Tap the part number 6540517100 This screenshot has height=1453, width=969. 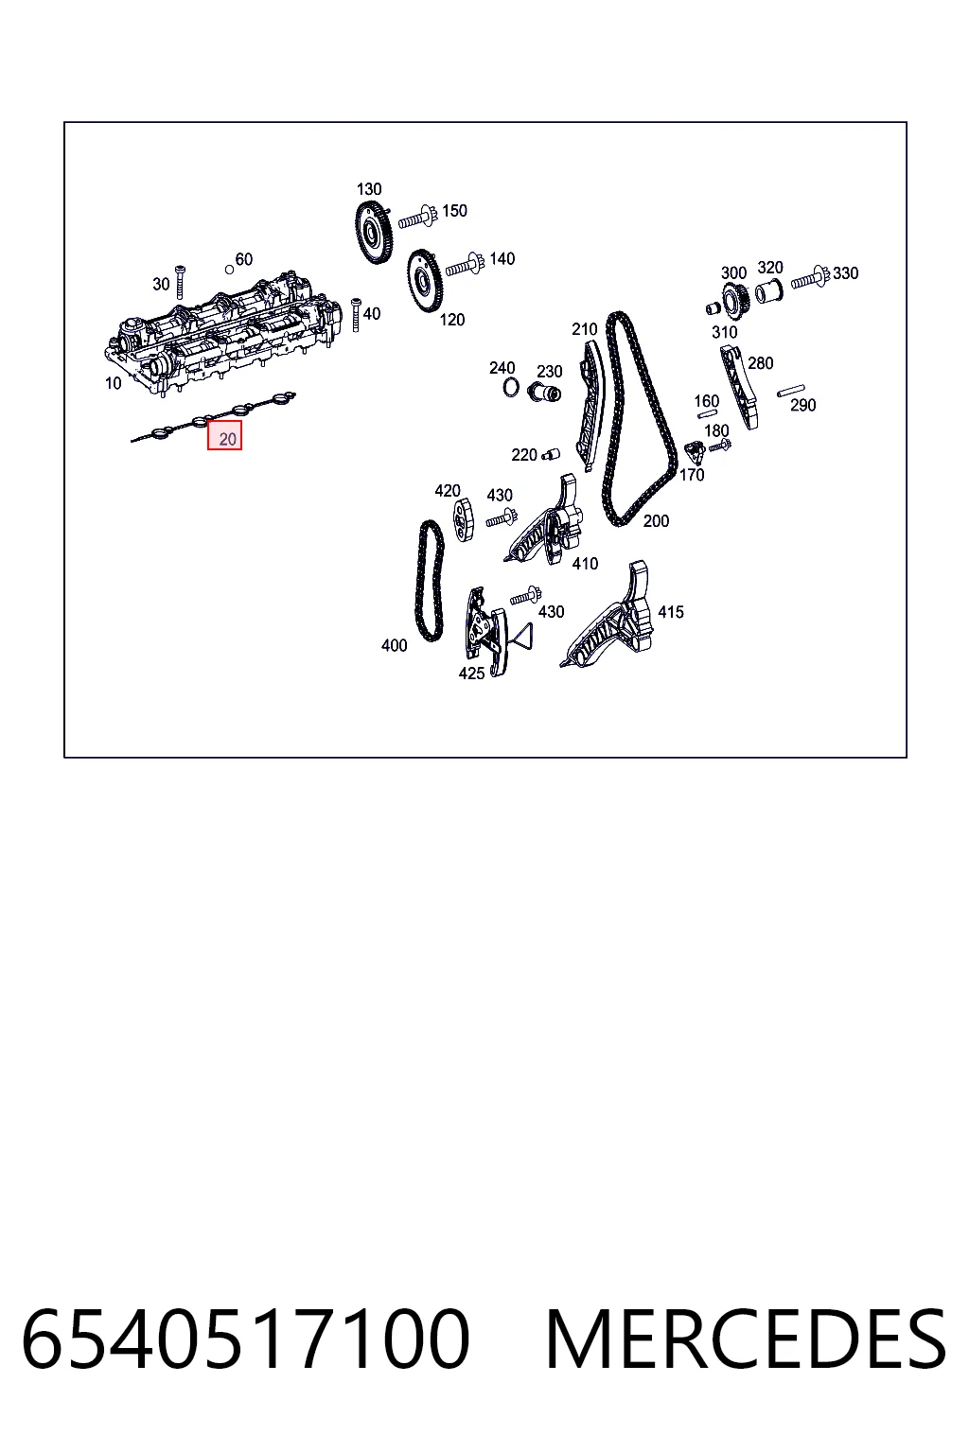[245, 1340]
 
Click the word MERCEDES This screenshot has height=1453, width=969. [746, 1340]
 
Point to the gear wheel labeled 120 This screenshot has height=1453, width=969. [424, 280]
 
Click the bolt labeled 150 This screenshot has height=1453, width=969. [416, 219]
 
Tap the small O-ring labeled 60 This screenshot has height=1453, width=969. [229, 270]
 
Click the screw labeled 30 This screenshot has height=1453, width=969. [181, 282]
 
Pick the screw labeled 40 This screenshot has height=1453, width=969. [356, 315]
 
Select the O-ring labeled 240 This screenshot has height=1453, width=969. [511, 388]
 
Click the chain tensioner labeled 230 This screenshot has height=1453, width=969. [544, 393]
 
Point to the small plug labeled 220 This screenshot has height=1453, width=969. [551, 453]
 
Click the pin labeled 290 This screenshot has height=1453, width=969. [791, 391]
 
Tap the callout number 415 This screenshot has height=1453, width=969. [671, 612]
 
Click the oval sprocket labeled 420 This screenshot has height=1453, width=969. [463, 521]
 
